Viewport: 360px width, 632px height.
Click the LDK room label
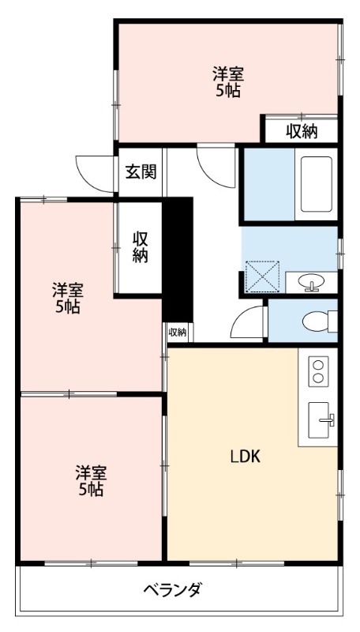pyautogui.click(x=246, y=457)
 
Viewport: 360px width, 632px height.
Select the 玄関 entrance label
pyautogui.click(x=141, y=171)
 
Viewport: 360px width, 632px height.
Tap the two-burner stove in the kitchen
pyautogui.click(x=317, y=371)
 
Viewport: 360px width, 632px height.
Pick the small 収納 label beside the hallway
pyautogui.click(x=178, y=332)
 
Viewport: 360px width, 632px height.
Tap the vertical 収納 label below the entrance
pyautogui.click(x=141, y=246)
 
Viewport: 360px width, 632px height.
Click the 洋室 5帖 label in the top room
pyautogui.click(x=227, y=82)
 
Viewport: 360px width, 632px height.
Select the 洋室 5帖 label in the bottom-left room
pyautogui.click(x=91, y=480)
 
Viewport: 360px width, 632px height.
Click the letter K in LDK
pyautogui.click(x=255, y=457)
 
